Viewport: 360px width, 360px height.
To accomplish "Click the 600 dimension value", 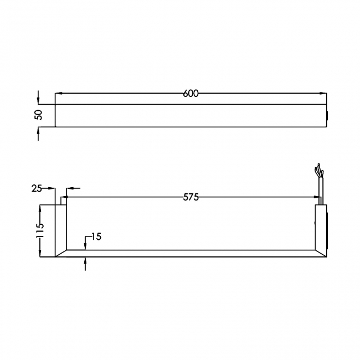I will click(x=190, y=94).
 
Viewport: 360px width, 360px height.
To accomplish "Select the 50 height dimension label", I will click(x=38, y=115).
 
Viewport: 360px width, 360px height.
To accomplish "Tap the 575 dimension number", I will click(x=190, y=197).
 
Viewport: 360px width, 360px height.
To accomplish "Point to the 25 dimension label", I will click(x=37, y=189).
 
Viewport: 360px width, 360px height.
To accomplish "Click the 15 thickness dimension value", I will click(x=95, y=236).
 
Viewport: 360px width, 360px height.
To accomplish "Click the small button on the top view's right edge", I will click(x=327, y=116).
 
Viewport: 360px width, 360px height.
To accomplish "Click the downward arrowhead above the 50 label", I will click(x=38, y=101).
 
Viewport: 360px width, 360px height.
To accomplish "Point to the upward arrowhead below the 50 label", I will click(x=38, y=130).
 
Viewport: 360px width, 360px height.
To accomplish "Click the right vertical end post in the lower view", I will click(x=321, y=227).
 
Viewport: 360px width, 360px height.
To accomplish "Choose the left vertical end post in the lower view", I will click(x=61, y=227).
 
